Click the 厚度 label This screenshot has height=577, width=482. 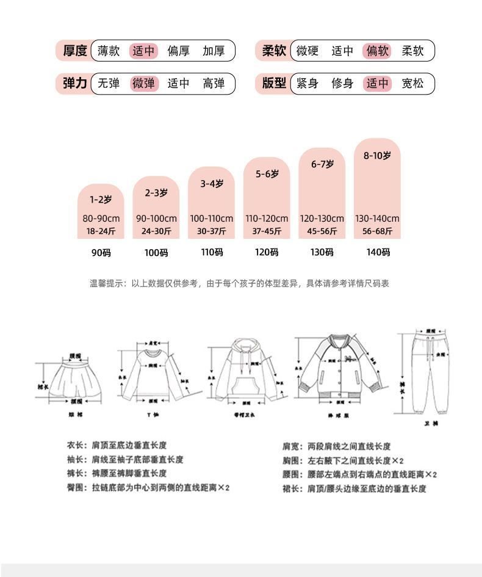pyautogui.click(x=75, y=51)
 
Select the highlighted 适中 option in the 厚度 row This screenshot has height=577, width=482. pyautogui.click(x=144, y=51)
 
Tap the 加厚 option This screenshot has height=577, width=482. pyautogui.click(x=214, y=51)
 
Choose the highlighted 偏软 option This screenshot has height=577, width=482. pyautogui.click(x=377, y=51)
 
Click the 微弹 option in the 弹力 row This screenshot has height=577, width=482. pyautogui.click(x=144, y=83)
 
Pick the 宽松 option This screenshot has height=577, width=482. pyautogui.click(x=412, y=83)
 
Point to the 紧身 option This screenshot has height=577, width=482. pyautogui.click(x=308, y=83)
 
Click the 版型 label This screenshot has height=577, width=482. pyautogui.click(x=274, y=83)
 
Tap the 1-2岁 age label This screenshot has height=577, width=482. pyautogui.click(x=101, y=199)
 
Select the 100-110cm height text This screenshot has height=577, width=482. pyautogui.click(x=211, y=218)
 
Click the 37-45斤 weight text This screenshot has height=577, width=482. pyautogui.click(x=267, y=231)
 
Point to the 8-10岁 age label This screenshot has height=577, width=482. pyautogui.click(x=377, y=155)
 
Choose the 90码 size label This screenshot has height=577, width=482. pyautogui.click(x=101, y=252)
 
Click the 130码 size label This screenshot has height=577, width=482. pyautogui.click(x=322, y=252)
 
